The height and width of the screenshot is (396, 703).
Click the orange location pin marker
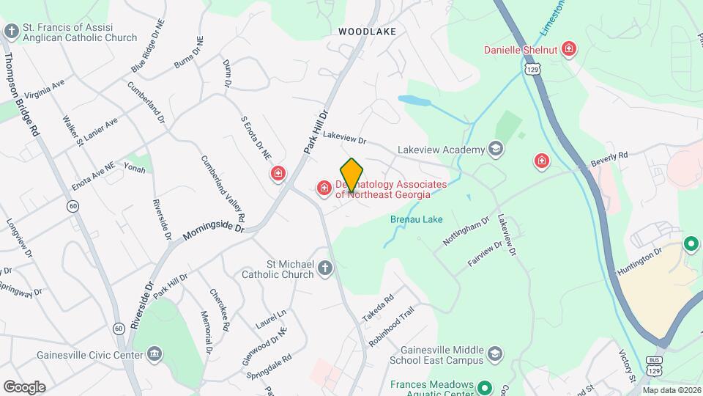point(351,175)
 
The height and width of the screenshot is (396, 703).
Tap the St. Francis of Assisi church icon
point(11,31)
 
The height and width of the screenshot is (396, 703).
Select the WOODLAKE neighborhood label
point(367,32)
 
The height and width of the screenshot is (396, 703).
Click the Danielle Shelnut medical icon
point(569,50)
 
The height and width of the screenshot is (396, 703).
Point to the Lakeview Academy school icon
point(496,150)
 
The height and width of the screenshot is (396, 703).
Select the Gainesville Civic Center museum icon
point(154,356)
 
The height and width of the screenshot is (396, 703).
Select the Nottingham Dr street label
point(466,232)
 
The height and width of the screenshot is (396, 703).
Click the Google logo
point(24,386)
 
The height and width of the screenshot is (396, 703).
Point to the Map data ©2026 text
point(672,390)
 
